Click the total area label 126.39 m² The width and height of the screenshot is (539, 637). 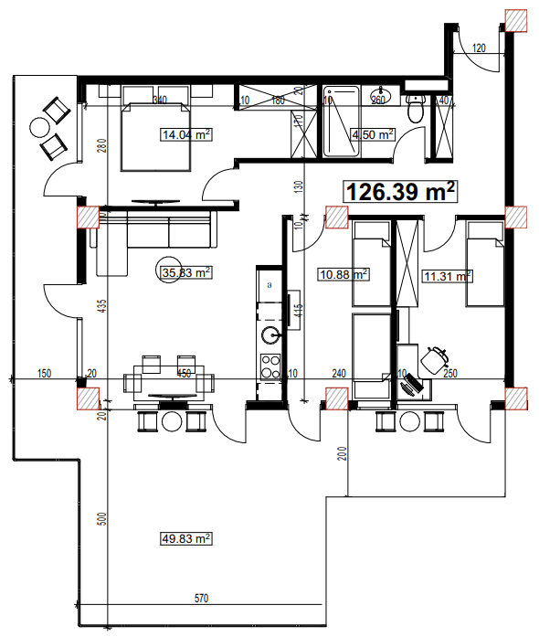[x=400, y=192]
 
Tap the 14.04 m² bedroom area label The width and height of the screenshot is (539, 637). [x=186, y=135]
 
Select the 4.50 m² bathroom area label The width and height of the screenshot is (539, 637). [x=373, y=133]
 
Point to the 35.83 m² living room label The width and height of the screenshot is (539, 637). [x=185, y=271]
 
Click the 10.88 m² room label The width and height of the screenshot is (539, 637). [x=343, y=273]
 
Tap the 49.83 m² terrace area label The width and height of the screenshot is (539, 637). [x=185, y=539]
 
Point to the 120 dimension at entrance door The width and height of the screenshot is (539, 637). [x=480, y=47]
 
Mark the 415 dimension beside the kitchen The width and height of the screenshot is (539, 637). [x=298, y=311]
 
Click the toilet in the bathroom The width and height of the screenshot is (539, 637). [x=416, y=111]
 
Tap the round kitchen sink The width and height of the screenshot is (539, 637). [x=269, y=334]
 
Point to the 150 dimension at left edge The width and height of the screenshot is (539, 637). [x=43, y=373]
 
